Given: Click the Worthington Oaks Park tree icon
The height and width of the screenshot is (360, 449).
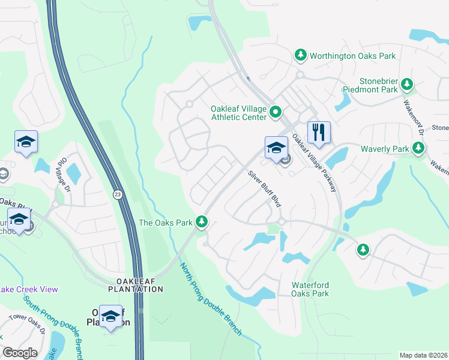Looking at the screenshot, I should (301, 56).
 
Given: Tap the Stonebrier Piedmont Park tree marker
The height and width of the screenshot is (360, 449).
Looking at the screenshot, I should (408, 85).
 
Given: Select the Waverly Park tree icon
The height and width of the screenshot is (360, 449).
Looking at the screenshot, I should (418, 148).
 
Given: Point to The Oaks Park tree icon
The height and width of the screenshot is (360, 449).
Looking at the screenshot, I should (203, 223).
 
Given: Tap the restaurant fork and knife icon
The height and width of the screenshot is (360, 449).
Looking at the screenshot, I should (319, 132).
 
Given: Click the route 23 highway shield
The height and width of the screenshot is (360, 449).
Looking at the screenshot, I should (118, 194).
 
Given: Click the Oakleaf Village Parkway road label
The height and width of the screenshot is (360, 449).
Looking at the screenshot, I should (315, 162).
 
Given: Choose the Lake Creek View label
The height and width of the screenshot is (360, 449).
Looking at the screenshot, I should (29, 289).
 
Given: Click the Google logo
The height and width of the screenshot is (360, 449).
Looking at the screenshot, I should (20, 353).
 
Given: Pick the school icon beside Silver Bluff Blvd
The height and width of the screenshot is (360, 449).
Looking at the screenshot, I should (276, 148).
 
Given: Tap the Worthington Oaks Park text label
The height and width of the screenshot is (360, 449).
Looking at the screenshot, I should (353, 56).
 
